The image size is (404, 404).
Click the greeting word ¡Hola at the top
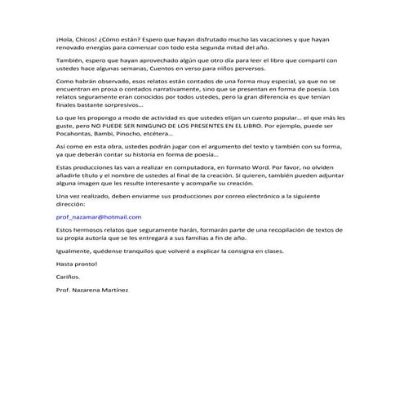point(67,39)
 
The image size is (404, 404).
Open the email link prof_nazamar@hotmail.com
point(99,217)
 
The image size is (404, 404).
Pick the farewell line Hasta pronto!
point(77,264)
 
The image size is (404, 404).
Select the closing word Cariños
point(69,277)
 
